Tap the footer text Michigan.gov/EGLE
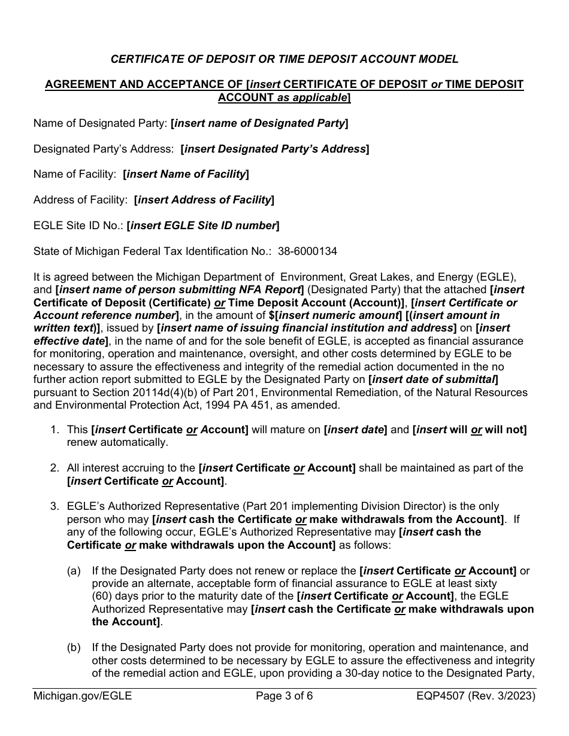click(x=83, y=696)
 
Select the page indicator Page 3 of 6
click(x=284, y=696)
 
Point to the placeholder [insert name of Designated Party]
click(x=259, y=123)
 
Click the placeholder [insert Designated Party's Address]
click(x=274, y=149)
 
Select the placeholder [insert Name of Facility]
click(x=186, y=174)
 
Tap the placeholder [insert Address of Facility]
click(x=204, y=200)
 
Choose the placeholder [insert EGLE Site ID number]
click(x=203, y=226)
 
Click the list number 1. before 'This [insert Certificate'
click(x=55, y=430)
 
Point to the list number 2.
click(x=55, y=468)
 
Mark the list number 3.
click(x=55, y=506)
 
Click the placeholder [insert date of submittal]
click(x=434, y=379)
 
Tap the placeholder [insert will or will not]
click(x=470, y=430)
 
